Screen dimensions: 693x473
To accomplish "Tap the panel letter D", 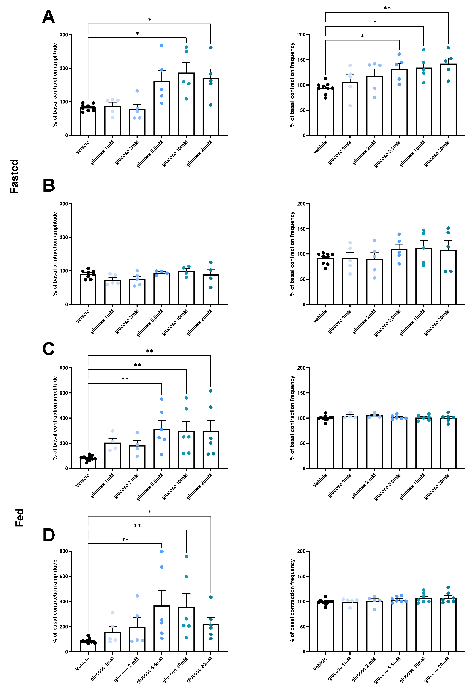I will click(x=49, y=535).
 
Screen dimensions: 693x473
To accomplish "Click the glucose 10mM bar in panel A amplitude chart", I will click(x=186, y=104).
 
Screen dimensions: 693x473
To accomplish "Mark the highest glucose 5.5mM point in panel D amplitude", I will click(x=162, y=552).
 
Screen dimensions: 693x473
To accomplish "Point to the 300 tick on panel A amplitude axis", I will click(x=64, y=35).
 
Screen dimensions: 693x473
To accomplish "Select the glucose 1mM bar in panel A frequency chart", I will click(x=350, y=109).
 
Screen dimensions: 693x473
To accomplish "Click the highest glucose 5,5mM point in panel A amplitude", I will click(x=162, y=45).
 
